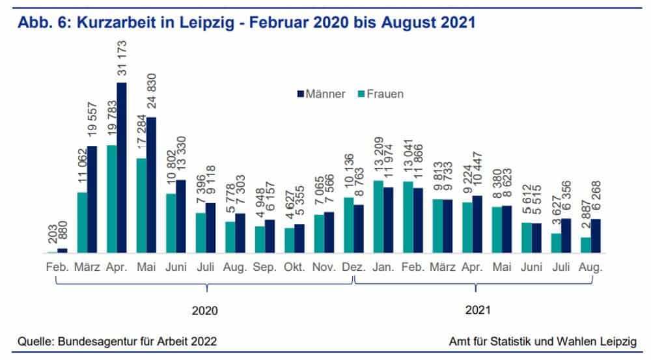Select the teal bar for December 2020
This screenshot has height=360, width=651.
point(348,225)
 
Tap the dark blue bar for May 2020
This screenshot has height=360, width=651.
point(151,185)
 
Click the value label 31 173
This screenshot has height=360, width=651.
point(122,57)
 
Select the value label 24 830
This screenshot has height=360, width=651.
point(152,92)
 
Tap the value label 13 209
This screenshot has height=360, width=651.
point(378,156)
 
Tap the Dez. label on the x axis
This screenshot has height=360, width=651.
point(353,267)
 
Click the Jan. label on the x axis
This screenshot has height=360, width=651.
point(382,267)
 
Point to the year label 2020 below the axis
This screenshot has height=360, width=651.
point(204,311)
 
